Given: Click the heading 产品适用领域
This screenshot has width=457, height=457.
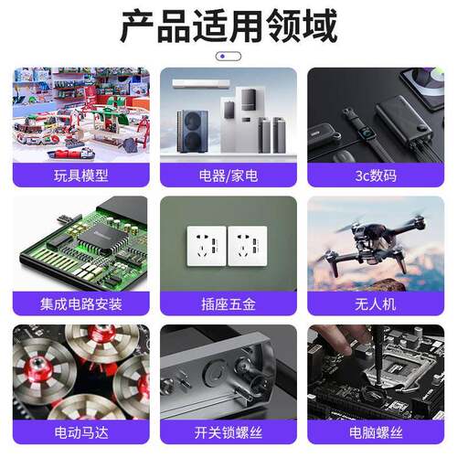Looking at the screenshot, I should pyautogui.click(x=228, y=26).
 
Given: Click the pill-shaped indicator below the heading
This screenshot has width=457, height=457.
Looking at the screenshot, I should pyautogui.click(x=228, y=57).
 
